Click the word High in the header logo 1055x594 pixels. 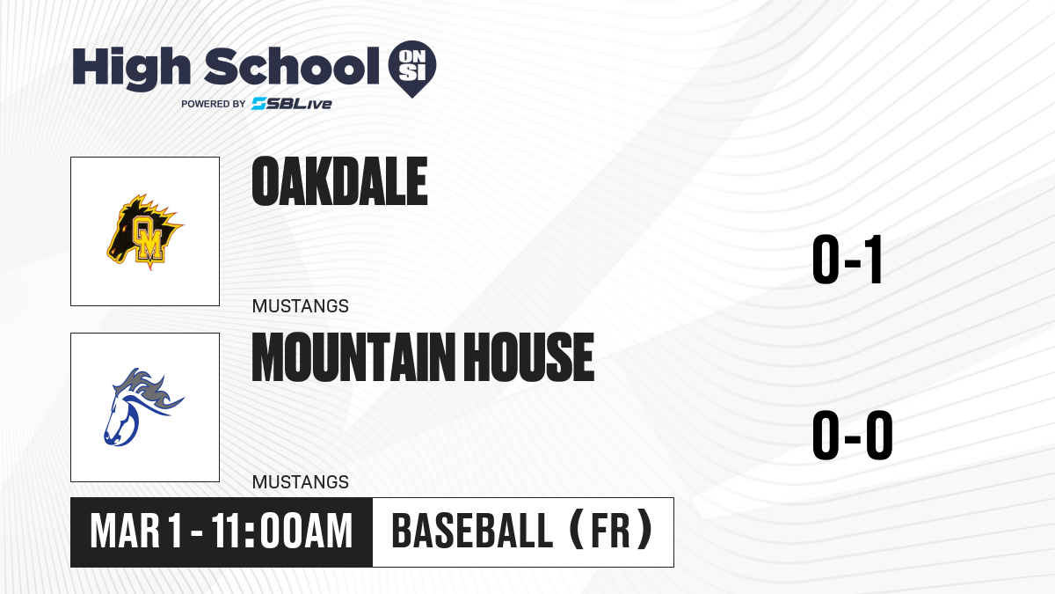click(131, 69)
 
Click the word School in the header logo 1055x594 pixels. click(292, 66)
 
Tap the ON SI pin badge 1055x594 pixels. click(412, 69)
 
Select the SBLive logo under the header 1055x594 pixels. click(292, 104)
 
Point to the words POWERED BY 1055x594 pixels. click(214, 104)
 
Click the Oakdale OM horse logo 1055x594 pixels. click(145, 231)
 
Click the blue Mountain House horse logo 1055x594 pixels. click(143, 407)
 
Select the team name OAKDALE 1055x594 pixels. click(339, 181)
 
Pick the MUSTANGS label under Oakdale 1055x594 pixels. click(301, 306)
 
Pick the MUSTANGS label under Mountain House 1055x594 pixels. click(301, 482)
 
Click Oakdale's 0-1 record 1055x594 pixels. click(848, 260)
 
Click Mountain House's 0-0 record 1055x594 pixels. click(853, 435)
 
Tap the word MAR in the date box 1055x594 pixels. click(125, 532)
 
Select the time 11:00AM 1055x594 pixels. click(281, 532)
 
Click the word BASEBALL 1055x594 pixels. click(472, 532)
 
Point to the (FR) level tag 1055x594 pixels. click(611, 532)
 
